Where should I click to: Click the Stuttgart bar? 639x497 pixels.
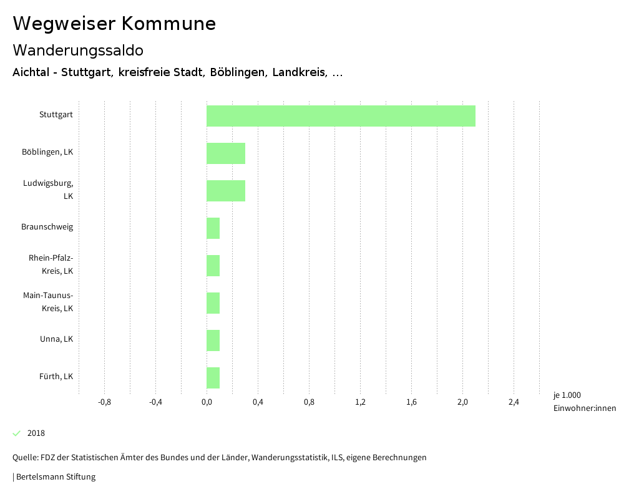pyautogui.click(x=341, y=116)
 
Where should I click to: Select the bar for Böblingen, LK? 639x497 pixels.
pyautogui.click(x=226, y=153)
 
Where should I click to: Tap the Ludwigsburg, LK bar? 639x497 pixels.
pyautogui.click(x=226, y=191)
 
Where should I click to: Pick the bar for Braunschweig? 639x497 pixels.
pyautogui.click(x=213, y=228)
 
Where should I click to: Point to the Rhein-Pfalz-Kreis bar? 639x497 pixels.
pyautogui.click(x=213, y=266)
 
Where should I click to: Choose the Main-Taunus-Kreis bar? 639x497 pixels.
pyautogui.click(x=213, y=303)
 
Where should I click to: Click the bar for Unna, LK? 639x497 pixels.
pyautogui.click(x=213, y=340)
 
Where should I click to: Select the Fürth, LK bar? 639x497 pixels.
pyautogui.click(x=213, y=378)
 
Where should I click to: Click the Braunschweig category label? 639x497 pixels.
pyautogui.click(x=47, y=227)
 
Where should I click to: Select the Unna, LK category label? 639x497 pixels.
pyautogui.click(x=56, y=339)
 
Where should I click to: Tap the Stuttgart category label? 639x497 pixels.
pyautogui.click(x=56, y=115)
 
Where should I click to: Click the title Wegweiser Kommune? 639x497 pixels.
pyautogui.click(x=114, y=24)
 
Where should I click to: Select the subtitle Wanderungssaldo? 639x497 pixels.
pyautogui.click(x=78, y=50)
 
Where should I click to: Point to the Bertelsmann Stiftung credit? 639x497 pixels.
pyautogui.click(x=55, y=477)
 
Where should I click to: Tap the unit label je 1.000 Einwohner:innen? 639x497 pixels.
pyautogui.click(x=584, y=402)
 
